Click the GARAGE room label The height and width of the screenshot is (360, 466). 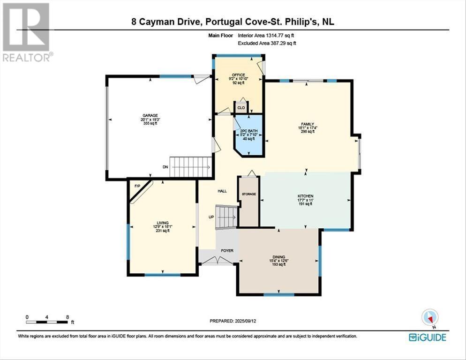click(x=150, y=115)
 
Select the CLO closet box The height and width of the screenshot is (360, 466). click(x=241, y=107)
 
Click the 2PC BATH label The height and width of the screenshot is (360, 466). click(x=248, y=131)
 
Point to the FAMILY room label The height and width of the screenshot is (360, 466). click(x=307, y=124)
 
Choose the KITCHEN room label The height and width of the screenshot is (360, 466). click(x=305, y=196)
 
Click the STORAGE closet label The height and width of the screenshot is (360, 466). click(x=248, y=194)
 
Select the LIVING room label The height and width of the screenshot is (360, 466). click(x=163, y=223)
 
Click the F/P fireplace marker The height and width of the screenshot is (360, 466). click(x=137, y=186)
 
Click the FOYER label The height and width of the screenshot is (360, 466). click(x=227, y=251)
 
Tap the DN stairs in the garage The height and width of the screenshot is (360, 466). click(x=190, y=167)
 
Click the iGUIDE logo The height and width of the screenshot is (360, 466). click(x=427, y=337)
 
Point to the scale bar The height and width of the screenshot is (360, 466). click(x=47, y=322)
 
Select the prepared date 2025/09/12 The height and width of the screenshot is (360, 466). click(x=233, y=321)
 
